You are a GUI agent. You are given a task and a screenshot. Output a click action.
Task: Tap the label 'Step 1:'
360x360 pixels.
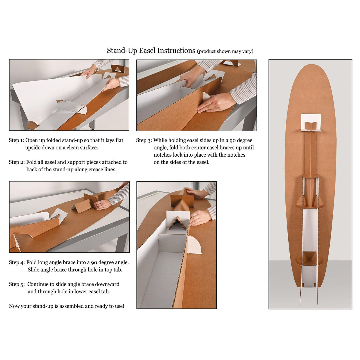(16, 140)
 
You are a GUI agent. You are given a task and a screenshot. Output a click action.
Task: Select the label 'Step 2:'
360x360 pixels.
(16, 162)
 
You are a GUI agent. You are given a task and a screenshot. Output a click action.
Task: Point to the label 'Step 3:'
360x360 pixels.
(144, 140)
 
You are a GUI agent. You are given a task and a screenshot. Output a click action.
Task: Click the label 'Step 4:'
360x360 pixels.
(17, 262)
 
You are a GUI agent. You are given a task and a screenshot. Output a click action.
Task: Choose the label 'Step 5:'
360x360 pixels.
(17, 284)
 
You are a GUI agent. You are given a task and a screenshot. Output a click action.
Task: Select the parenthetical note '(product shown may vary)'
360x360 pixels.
(225, 51)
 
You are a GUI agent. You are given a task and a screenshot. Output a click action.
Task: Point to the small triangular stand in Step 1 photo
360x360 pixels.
(117, 69)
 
